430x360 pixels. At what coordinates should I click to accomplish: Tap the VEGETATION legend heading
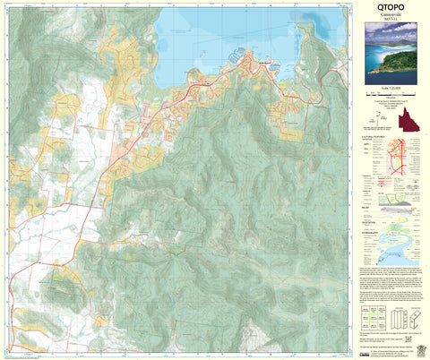(x=372, y=219)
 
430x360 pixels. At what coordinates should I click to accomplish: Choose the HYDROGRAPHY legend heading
(x=374, y=231)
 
